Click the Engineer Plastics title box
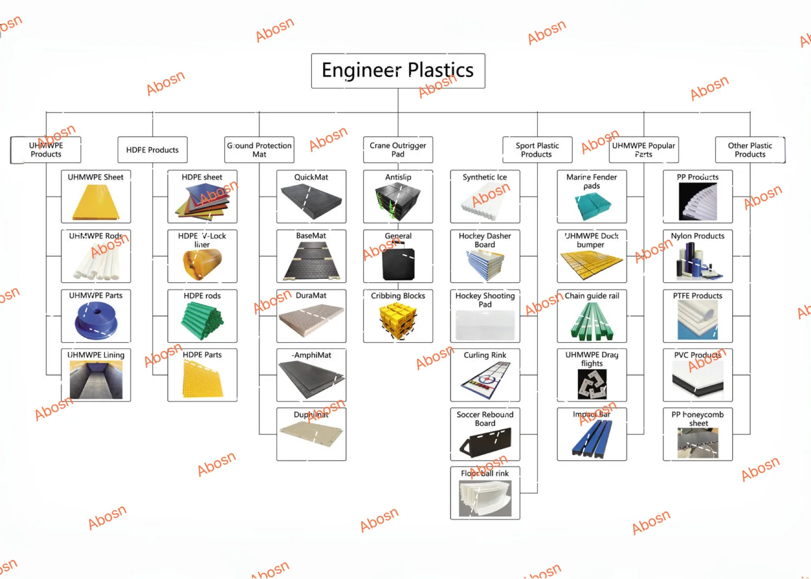(398, 71)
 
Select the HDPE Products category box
(152, 150)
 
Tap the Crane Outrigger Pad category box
(398, 150)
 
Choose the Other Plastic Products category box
(750, 150)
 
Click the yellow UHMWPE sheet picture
(96, 202)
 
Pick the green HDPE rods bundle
(202, 320)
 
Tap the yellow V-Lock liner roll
(202, 264)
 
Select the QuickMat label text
(311, 177)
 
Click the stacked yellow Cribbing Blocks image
(398, 320)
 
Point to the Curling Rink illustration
(485, 380)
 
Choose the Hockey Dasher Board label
(485, 240)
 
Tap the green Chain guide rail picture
(592, 321)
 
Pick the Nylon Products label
(697, 236)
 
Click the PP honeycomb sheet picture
(697, 443)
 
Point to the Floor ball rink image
(485, 498)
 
